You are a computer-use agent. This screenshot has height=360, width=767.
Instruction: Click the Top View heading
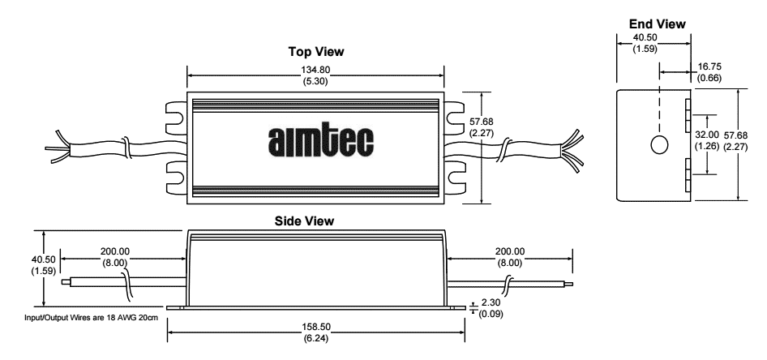(x=316, y=51)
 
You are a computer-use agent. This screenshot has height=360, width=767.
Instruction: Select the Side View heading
(x=304, y=221)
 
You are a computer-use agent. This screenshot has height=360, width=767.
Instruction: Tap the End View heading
(x=658, y=24)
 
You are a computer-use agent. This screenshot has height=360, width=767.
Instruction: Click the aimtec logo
(x=321, y=141)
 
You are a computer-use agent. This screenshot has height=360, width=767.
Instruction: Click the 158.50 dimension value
(x=315, y=327)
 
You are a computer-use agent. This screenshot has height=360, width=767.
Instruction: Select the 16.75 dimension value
(x=709, y=66)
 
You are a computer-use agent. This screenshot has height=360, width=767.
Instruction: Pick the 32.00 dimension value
(x=707, y=134)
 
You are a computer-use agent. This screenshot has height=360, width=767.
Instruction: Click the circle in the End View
(x=659, y=145)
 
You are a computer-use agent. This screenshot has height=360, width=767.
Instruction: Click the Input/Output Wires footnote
(x=92, y=318)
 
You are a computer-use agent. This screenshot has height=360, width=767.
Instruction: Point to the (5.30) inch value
(x=315, y=82)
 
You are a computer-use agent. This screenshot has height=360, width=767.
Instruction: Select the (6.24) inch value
(x=315, y=337)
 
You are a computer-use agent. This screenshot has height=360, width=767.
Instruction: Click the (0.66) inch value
(x=709, y=77)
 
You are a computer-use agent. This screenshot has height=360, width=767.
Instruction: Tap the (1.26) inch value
(x=707, y=145)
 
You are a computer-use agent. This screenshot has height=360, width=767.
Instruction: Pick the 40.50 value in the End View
(x=645, y=38)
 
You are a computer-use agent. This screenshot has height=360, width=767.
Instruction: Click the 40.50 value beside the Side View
(x=44, y=259)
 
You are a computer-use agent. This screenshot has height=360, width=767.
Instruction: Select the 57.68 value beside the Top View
(x=481, y=122)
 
